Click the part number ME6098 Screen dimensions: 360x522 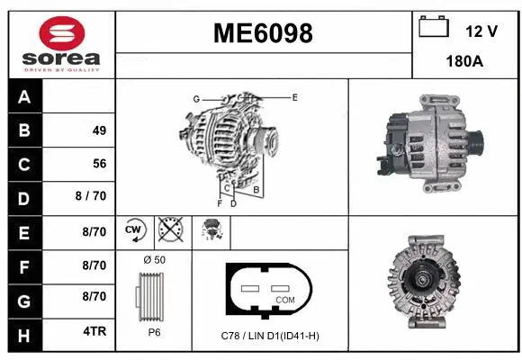point(263,33)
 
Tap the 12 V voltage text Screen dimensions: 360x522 point(482,31)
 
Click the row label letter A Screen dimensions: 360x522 point(24,97)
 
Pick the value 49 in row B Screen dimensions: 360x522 point(99,130)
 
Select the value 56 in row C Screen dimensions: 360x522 point(99,164)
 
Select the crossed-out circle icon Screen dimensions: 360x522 point(169,231)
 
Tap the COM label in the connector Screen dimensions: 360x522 point(284,298)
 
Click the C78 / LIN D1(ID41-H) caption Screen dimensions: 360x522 point(271,336)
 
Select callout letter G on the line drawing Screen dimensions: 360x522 point(195,98)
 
